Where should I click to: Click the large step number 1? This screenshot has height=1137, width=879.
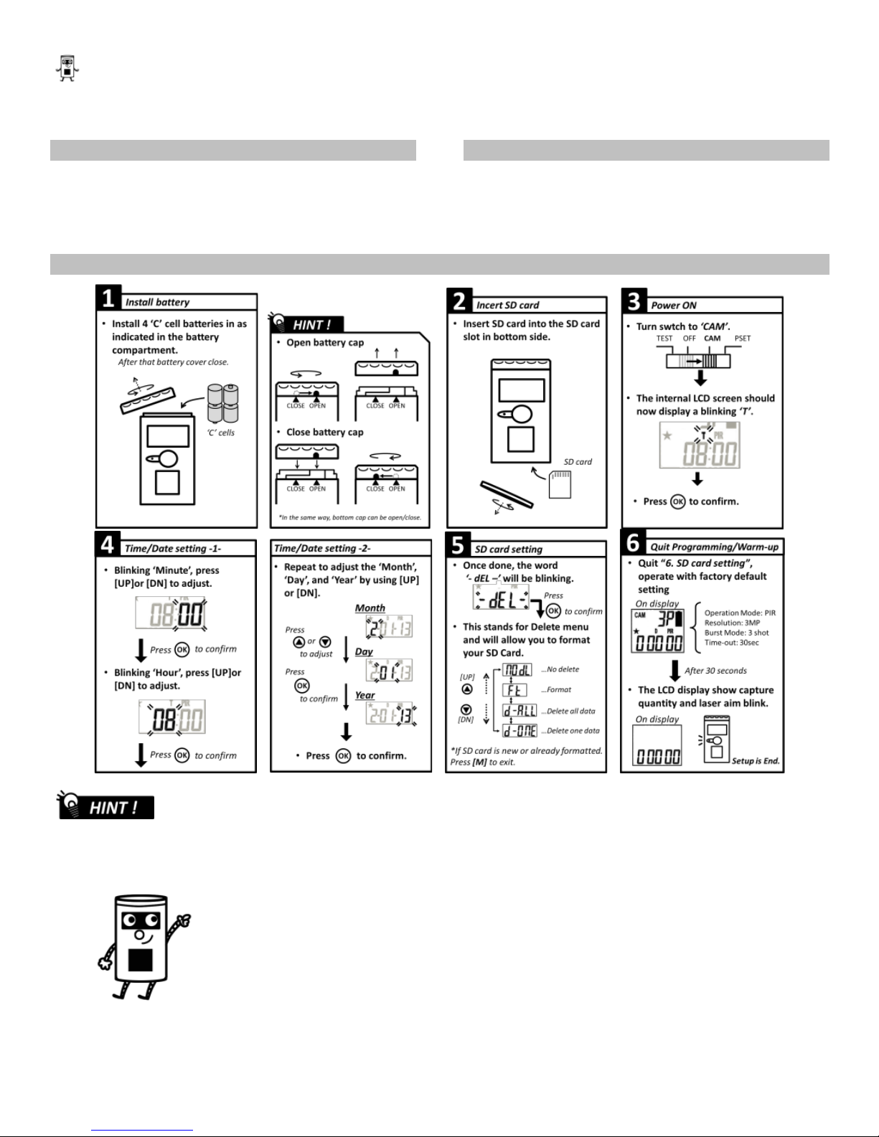[107, 298]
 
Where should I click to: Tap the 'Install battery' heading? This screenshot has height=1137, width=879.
[157, 302]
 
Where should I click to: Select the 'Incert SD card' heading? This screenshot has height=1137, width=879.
[507, 305]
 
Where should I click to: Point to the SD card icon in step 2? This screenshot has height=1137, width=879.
[560, 483]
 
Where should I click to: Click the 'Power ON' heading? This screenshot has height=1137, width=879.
[673, 305]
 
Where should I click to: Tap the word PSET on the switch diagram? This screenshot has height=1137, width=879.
[742, 339]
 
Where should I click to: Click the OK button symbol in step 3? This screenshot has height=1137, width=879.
[677, 501]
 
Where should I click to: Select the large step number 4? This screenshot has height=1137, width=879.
[106, 544]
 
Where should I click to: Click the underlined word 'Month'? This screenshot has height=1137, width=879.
[370, 608]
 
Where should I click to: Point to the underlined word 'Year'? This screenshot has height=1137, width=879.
[365, 695]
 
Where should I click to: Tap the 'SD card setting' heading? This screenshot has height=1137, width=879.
[508, 549]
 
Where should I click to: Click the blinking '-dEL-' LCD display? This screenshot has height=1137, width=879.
[501, 597]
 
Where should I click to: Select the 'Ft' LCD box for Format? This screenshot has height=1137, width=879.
[514, 690]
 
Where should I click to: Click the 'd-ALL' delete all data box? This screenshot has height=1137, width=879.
[520, 711]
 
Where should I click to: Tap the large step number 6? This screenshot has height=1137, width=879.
[633, 542]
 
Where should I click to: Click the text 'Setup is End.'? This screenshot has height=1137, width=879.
[755, 761]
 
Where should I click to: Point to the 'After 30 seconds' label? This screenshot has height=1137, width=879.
[715, 671]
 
